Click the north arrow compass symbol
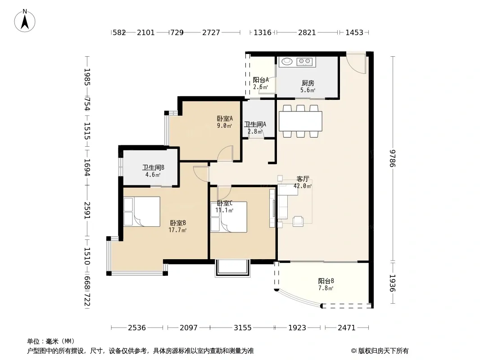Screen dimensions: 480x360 (x=25, y=21)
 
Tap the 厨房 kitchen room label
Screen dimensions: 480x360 (x=308, y=83)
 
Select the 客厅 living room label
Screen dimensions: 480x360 (x=303, y=179)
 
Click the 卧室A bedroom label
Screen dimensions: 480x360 (x=225, y=118)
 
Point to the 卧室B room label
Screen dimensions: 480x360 (x=178, y=223)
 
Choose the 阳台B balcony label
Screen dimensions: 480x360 (x=326, y=281)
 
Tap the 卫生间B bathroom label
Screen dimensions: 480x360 (x=153, y=167)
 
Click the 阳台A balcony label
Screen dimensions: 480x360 (x=261, y=80)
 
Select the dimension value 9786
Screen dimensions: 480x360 (x=393, y=158)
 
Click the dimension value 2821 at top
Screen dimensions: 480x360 (x=307, y=32)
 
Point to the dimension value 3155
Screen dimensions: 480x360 (x=242, y=328)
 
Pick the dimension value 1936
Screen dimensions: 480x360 (x=393, y=283)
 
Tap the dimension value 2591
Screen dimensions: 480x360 (x=87, y=210)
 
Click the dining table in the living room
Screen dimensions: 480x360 (x=300, y=121)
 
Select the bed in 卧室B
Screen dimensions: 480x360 (x=142, y=211)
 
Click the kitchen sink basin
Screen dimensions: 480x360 (x=287, y=62)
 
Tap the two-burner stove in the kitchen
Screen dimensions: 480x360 (x=304, y=62)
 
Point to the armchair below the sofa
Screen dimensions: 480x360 (x=298, y=221)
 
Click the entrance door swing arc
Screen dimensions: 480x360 (x=356, y=63)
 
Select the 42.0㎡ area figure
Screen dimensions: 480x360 (x=303, y=186)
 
